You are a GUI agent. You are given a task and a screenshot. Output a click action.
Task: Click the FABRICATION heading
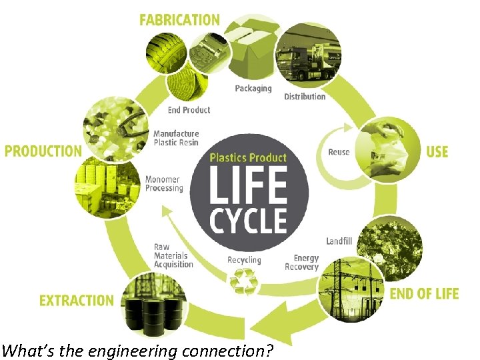click(x=179, y=20)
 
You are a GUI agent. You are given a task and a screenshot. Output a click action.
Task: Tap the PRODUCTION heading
click(x=43, y=151)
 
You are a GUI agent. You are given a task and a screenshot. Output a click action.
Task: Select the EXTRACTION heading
click(x=77, y=301)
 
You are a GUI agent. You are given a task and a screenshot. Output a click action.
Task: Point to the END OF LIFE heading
click(x=424, y=293)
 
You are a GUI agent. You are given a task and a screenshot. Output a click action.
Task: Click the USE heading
click(x=437, y=152)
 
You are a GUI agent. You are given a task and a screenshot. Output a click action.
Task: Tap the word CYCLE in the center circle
click(x=248, y=221)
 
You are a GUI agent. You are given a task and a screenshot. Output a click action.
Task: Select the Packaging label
click(x=253, y=89)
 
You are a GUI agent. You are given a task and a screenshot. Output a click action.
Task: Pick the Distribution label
click(x=305, y=97)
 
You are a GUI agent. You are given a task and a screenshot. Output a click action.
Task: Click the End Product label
click(x=189, y=110)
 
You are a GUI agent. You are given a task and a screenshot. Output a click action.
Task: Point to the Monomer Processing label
click(x=164, y=183)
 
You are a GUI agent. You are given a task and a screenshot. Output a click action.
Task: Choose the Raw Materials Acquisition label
click(x=173, y=255)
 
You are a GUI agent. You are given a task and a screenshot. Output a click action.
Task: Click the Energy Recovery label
click(x=302, y=263)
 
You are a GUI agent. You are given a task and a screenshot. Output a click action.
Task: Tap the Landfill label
click(x=339, y=241)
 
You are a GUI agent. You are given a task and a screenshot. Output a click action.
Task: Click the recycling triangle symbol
click(x=244, y=281)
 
